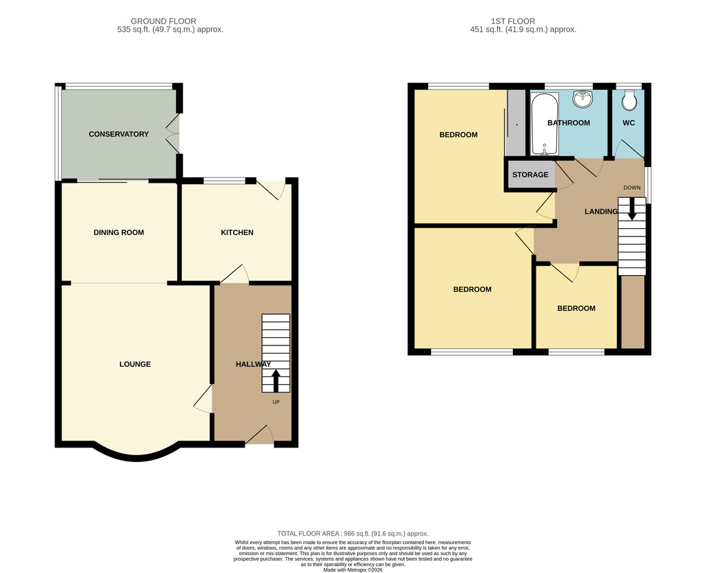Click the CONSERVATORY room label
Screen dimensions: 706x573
[x=119, y=134]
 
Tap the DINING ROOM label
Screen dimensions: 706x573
[x=119, y=232]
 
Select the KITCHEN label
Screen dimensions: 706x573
[x=237, y=232]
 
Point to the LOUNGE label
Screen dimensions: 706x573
[x=135, y=364]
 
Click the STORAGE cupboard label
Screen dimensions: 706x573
[x=530, y=174]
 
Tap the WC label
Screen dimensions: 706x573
[x=629, y=123]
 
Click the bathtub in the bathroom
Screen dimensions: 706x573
[x=545, y=124]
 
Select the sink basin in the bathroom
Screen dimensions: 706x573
[x=583, y=99]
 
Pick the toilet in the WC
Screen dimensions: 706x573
[x=629, y=100]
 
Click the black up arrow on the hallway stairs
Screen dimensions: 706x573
[x=276, y=381]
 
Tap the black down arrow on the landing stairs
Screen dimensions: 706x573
[x=632, y=209]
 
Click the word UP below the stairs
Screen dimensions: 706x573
[x=276, y=402]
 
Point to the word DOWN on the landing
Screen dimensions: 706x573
[x=632, y=188]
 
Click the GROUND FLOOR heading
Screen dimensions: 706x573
[x=163, y=21]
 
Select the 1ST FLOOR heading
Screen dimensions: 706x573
[x=513, y=21]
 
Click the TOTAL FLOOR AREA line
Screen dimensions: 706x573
[x=352, y=534]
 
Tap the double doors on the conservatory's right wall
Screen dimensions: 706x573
[x=174, y=134]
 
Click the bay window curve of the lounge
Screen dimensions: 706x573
[x=134, y=456]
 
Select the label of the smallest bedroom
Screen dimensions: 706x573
[x=576, y=309]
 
